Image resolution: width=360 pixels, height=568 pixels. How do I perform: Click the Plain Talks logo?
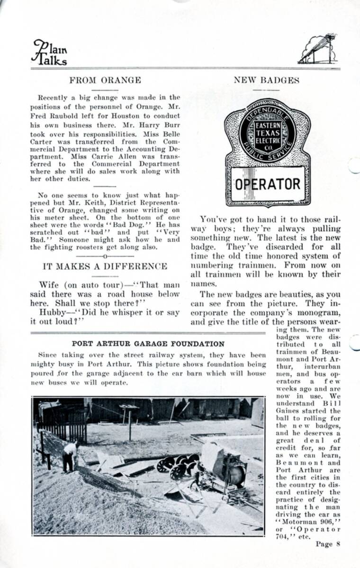(x=50, y=52)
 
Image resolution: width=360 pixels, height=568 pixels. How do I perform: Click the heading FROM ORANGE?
(x=105, y=80)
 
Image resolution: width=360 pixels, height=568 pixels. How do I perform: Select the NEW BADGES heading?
(x=266, y=80)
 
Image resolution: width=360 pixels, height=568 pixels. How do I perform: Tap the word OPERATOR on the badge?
(x=268, y=184)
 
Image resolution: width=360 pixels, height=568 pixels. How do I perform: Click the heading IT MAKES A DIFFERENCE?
(x=105, y=266)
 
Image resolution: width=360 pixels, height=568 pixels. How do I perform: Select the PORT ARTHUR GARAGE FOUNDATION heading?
(x=148, y=344)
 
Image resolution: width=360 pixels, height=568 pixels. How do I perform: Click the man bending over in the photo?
(x=70, y=455)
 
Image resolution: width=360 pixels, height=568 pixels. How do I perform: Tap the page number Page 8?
(x=328, y=544)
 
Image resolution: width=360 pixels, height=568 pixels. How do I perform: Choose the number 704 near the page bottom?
(x=283, y=536)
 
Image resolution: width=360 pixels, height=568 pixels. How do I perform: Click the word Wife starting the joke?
(x=49, y=284)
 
